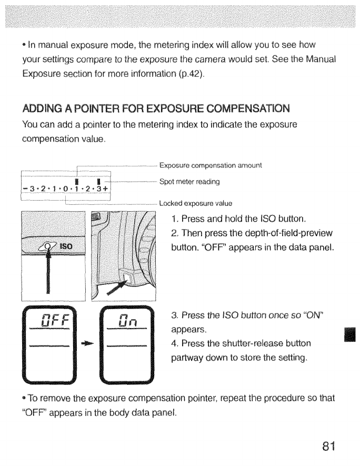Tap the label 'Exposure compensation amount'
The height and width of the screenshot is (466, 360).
(x=210, y=165)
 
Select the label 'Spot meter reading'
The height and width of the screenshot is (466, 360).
(x=189, y=182)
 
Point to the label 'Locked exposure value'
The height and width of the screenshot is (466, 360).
(x=195, y=202)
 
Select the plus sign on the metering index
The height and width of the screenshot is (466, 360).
(x=105, y=189)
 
